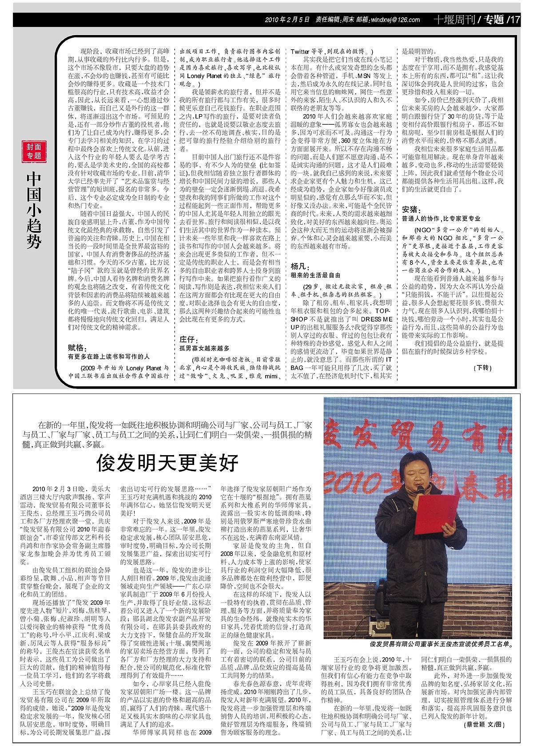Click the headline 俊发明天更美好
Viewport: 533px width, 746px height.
tap(168, 463)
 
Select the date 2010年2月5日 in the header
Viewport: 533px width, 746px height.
tap(286, 20)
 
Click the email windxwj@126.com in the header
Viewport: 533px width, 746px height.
tap(395, 20)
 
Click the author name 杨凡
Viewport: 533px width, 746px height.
tap(298, 266)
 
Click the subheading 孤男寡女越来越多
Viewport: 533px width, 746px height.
tap(204, 349)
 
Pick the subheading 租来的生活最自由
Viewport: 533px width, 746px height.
tap(315, 275)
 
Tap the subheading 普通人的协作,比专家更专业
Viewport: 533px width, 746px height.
tap(441, 218)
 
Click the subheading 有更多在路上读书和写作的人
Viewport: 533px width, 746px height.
tap(108, 356)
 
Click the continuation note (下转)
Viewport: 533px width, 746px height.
tap(483, 368)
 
